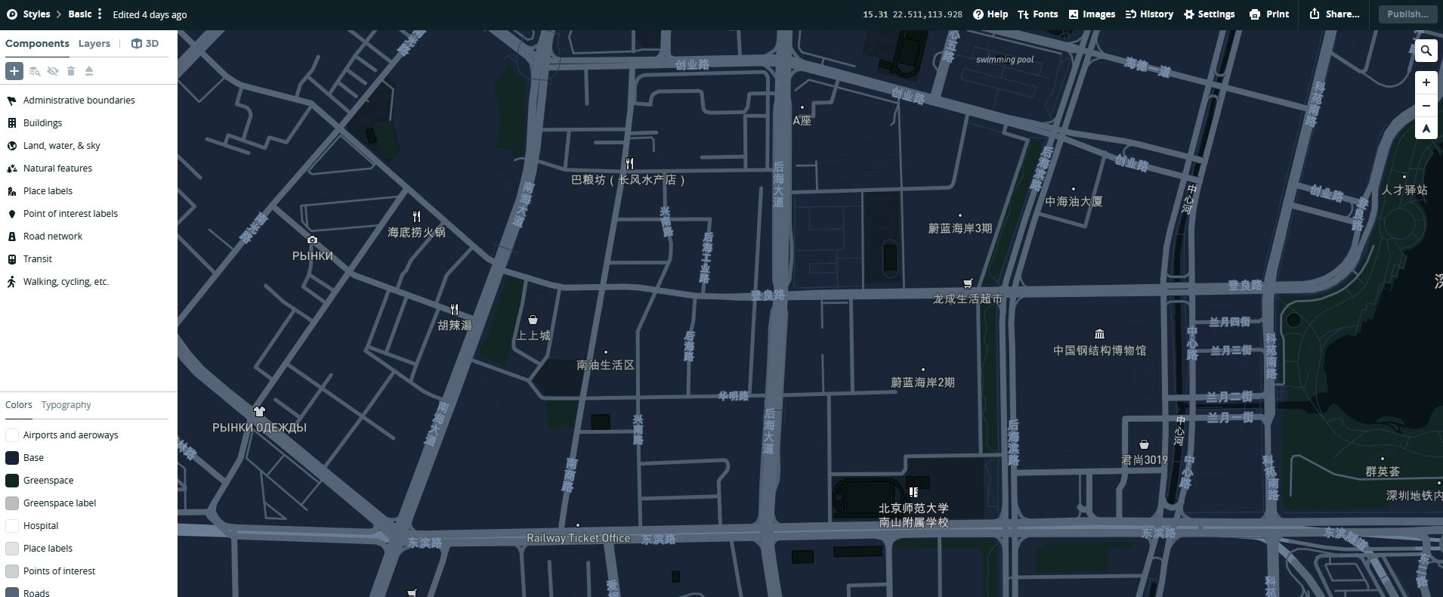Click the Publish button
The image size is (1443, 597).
(x=1407, y=14)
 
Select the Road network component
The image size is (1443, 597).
(x=53, y=237)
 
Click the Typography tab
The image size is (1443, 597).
(x=66, y=405)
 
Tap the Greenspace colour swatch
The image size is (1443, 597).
(x=12, y=481)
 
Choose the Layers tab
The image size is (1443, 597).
(x=94, y=44)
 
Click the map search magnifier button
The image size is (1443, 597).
(x=1426, y=51)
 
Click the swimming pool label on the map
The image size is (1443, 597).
(x=1004, y=60)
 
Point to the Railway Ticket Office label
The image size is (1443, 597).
(x=578, y=538)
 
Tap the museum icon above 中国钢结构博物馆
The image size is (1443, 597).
(x=1099, y=334)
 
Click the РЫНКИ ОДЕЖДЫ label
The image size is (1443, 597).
(x=259, y=428)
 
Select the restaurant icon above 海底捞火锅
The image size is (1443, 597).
(x=416, y=217)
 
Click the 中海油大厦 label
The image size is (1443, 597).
(x=1073, y=202)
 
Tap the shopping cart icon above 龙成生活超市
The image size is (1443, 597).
(x=967, y=284)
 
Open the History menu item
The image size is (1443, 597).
(x=1149, y=14)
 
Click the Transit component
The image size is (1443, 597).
(x=38, y=259)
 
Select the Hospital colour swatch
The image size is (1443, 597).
(x=12, y=526)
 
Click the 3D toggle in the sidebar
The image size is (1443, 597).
(x=145, y=44)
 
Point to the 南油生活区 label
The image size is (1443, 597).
(x=605, y=365)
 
